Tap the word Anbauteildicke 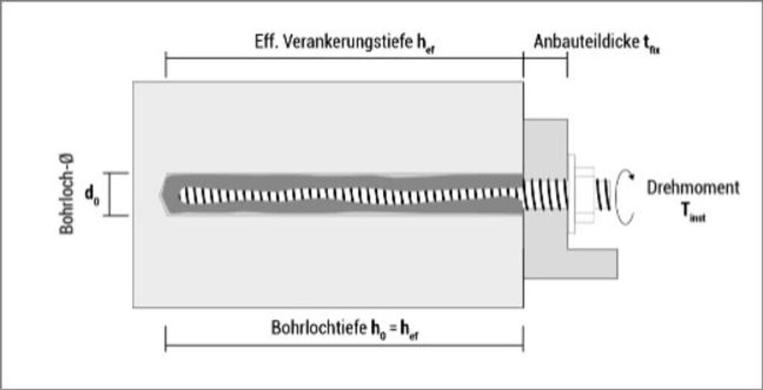point(586,42)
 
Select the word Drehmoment point(693,187)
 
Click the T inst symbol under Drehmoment point(693,211)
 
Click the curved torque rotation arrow point(626,195)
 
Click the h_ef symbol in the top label point(425,43)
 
